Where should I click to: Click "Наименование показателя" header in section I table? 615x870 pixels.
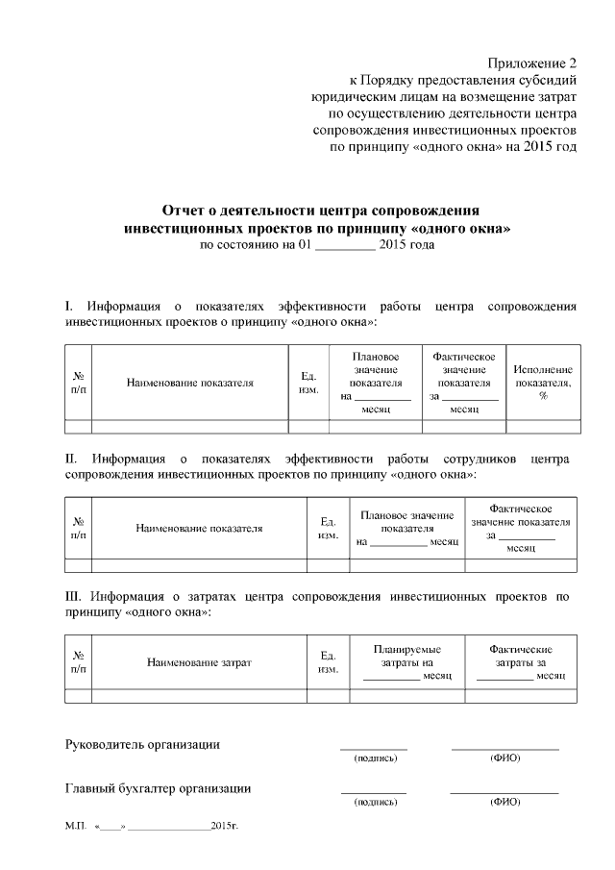click(x=190, y=383)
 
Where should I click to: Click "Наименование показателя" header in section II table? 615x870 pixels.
click(x=199, y=528)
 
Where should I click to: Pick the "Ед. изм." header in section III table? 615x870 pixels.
click(x=328, y=662)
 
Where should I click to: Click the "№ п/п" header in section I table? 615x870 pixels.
click(x=78, y=383)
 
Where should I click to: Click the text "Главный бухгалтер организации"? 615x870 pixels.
click(x=158, y=788)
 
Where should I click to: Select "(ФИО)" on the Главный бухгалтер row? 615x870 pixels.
click(x=504, y=802)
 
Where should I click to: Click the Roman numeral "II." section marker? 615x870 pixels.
click(x=72, y=460)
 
